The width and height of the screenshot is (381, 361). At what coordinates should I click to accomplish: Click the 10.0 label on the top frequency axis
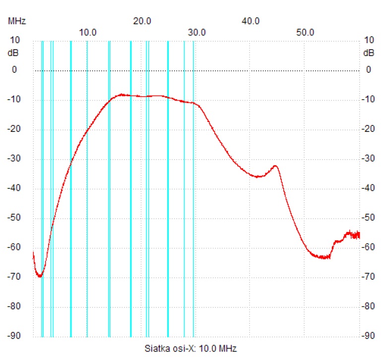pos(88,32)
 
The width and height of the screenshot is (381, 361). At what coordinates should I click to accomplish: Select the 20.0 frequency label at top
pos(142,21)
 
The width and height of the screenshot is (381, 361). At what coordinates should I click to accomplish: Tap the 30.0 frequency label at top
pos(197,32)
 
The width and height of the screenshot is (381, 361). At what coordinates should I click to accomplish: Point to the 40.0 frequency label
pos(251,21)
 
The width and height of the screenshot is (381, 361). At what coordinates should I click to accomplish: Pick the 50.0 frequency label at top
pos(306,32)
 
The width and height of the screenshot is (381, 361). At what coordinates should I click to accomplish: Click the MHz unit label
pos(16,21)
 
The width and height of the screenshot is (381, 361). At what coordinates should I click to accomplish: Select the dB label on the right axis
pos(369,53)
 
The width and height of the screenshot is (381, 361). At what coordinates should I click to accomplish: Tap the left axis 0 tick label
pos(14,70)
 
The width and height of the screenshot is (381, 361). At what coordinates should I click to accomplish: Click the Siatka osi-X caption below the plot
pos(187,348)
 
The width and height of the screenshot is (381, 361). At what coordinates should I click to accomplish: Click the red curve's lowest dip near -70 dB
pos(40,276)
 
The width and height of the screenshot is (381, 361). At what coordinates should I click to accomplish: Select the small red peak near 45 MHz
pos(275,166)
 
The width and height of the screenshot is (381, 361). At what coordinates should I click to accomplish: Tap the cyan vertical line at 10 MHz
pos(87,188)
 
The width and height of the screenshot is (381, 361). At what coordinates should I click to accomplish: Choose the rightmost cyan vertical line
pos(193,188)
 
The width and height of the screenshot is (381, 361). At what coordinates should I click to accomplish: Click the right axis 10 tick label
pos(369,40)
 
